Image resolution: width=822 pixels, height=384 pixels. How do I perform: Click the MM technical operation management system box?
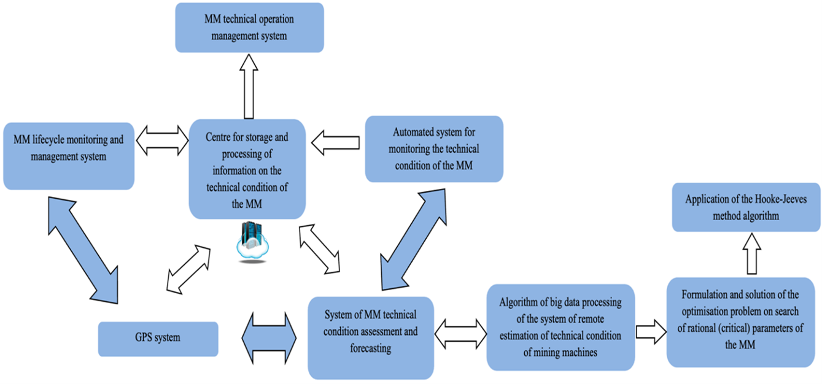tap(249, 28)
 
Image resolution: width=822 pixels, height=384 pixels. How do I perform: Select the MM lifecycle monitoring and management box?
tap(68, 156)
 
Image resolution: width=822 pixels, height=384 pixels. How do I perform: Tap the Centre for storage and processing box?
tap(247, 169)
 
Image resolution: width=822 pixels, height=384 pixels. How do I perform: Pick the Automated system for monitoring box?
tap(434, 149)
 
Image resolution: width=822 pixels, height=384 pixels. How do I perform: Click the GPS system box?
tap(158, 339)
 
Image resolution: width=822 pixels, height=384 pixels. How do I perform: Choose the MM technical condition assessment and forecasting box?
tap(370, 338)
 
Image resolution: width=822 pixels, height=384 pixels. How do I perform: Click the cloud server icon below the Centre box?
tap(252, 244)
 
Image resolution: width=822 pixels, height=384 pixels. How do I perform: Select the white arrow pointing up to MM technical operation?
tap(249, 86)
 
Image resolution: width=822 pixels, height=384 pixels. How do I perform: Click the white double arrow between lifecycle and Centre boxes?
tap(162, 140)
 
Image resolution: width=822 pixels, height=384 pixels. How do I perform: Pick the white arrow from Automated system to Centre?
tap(335, 142)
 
